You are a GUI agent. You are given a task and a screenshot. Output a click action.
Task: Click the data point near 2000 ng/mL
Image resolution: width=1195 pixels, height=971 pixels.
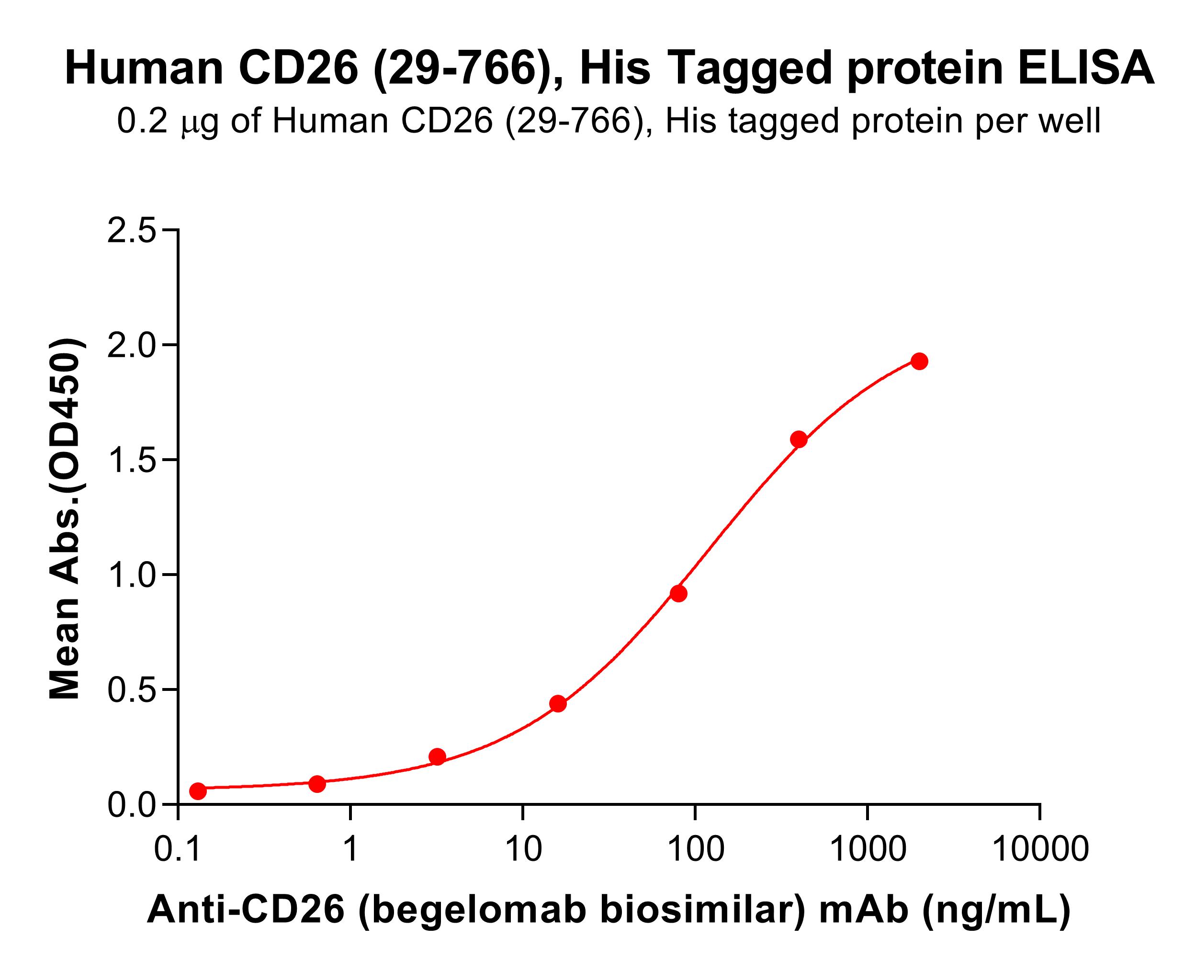pos(919,361)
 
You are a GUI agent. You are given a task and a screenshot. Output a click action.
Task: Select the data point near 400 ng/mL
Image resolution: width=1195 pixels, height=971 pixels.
pos(799,439)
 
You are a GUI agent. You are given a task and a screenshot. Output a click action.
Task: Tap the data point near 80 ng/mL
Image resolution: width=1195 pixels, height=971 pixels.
pos(678,593)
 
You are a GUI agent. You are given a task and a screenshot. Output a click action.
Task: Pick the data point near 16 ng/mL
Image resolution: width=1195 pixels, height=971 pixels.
pos(557,704)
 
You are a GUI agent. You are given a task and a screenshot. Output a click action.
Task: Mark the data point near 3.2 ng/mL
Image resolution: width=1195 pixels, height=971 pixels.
pos(437,757)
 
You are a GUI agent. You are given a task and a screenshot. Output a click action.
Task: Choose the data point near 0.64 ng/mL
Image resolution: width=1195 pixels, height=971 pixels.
pos(317,784)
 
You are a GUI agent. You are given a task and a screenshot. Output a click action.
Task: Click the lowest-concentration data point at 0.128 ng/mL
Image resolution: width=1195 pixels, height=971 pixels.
pos(197,791)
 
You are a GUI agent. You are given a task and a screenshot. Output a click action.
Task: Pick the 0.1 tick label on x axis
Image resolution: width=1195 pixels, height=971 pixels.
pos(178,849)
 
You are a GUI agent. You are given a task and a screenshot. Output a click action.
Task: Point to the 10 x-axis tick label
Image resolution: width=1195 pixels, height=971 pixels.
pos(523,849)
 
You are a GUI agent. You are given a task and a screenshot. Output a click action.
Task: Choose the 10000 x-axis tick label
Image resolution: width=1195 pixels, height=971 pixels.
pos(1039,849)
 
